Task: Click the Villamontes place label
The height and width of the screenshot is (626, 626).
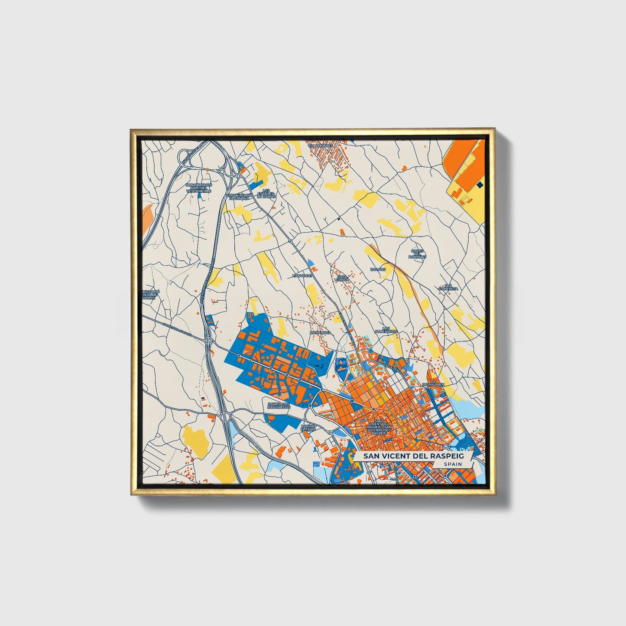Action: [320, 146]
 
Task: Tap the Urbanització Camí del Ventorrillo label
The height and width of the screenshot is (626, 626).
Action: [199, 188]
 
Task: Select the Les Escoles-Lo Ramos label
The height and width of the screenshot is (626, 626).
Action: [266, 193]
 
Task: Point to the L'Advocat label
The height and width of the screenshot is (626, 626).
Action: [302, 275]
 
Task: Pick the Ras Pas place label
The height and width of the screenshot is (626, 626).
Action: [377, 269]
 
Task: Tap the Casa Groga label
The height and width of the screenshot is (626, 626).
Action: [342, 278]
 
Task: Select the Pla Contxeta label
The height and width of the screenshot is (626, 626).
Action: [448, 287]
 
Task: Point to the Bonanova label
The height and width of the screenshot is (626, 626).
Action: [321, 332]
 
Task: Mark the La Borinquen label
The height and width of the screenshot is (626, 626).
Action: [434, 383]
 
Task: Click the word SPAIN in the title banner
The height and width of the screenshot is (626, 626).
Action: [452, 464]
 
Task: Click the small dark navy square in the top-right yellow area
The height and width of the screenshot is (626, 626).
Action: [479, 185]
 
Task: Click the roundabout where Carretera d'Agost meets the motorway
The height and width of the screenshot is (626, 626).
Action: [209, 341]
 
